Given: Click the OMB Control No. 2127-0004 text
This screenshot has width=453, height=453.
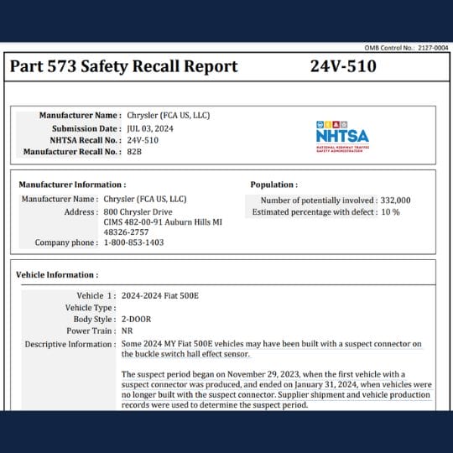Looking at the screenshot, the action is pyautogui.click(x=409, y=49).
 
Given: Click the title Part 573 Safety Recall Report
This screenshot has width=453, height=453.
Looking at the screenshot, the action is pyautogui.click(x=123, y=66).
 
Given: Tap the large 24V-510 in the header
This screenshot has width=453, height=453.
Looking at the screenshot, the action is pyautogui.click(x=343, y=66).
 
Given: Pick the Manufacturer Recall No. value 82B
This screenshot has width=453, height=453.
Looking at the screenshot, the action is pyautogui.click(x=135, y=152).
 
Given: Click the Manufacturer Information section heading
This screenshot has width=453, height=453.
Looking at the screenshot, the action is pyautogui.click(x=72, y=184).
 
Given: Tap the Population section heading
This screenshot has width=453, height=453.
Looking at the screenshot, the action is pyautogui.click(x=273, y=184).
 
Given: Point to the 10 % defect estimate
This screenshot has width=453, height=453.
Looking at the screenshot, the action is pyautogui.click(x=391, y=212).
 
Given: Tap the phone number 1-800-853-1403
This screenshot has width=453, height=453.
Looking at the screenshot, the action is pyautogui.click(x=133, y=242).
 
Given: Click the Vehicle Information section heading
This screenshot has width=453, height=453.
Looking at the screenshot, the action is pyautogui.click(x=57, y=274).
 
